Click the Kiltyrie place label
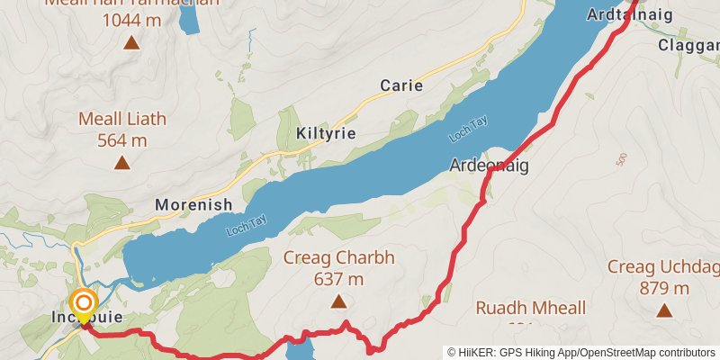pyautogui.click(x=326, y=133)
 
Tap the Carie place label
pyautogui.click(x=401, y=85)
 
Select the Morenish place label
pyautogui.click(x=193, y=204)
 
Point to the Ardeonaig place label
pyautogui.click(x=489, y=166)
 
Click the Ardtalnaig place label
pyautogui.click(x=620, y=15)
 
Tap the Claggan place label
pyautogui.click(x=689, y=45)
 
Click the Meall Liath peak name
pyautogui.click(x=121, y=119)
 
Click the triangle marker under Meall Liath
pyautogui.click(x=121, y=163)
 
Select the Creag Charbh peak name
pyautogui.click(x=339, y=258)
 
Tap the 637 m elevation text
pyautogui.click(x=338, y=279)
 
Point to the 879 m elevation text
pyautogui.click(x=665, y=288)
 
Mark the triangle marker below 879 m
pyautogui.click(x=665, y=311)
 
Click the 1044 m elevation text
pyautogui.click(x=131, y=19)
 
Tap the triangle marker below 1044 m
pyautogui.click(x=131, y=42)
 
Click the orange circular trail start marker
pyautogui.click(x=84, y=303)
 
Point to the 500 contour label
pyautogui.click(x=621, y=160)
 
